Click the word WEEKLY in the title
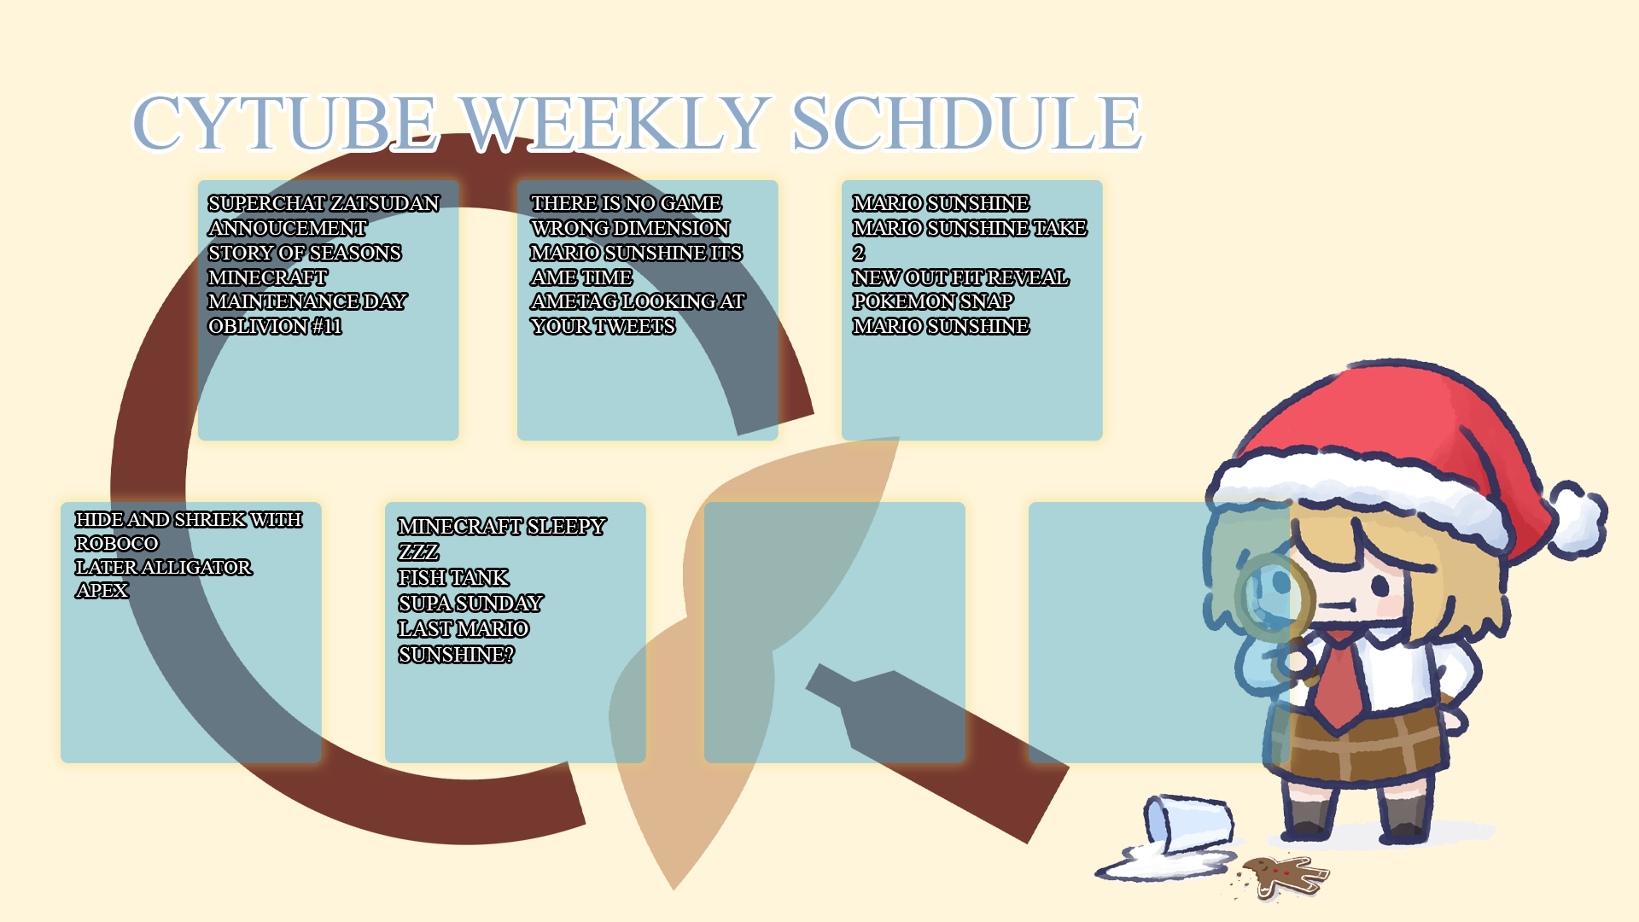tap(615, 123)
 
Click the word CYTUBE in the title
tap(286, 123)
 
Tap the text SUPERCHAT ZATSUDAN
tap(324, 204)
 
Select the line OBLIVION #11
tap(275, 327)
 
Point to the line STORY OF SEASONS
tap(305, 254)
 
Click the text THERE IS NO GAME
tap(626, 204)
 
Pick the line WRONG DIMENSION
tap(630, 229)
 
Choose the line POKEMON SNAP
tap(933, 302)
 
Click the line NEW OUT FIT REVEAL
tap(960, 278)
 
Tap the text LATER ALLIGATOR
tap(163, 568)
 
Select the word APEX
tap(102, 591)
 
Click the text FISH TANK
tap(453, 578)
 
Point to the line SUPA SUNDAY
tap(470, 604)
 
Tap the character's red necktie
tap(1339, 683)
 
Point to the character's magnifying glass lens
tap(1274, 598)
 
